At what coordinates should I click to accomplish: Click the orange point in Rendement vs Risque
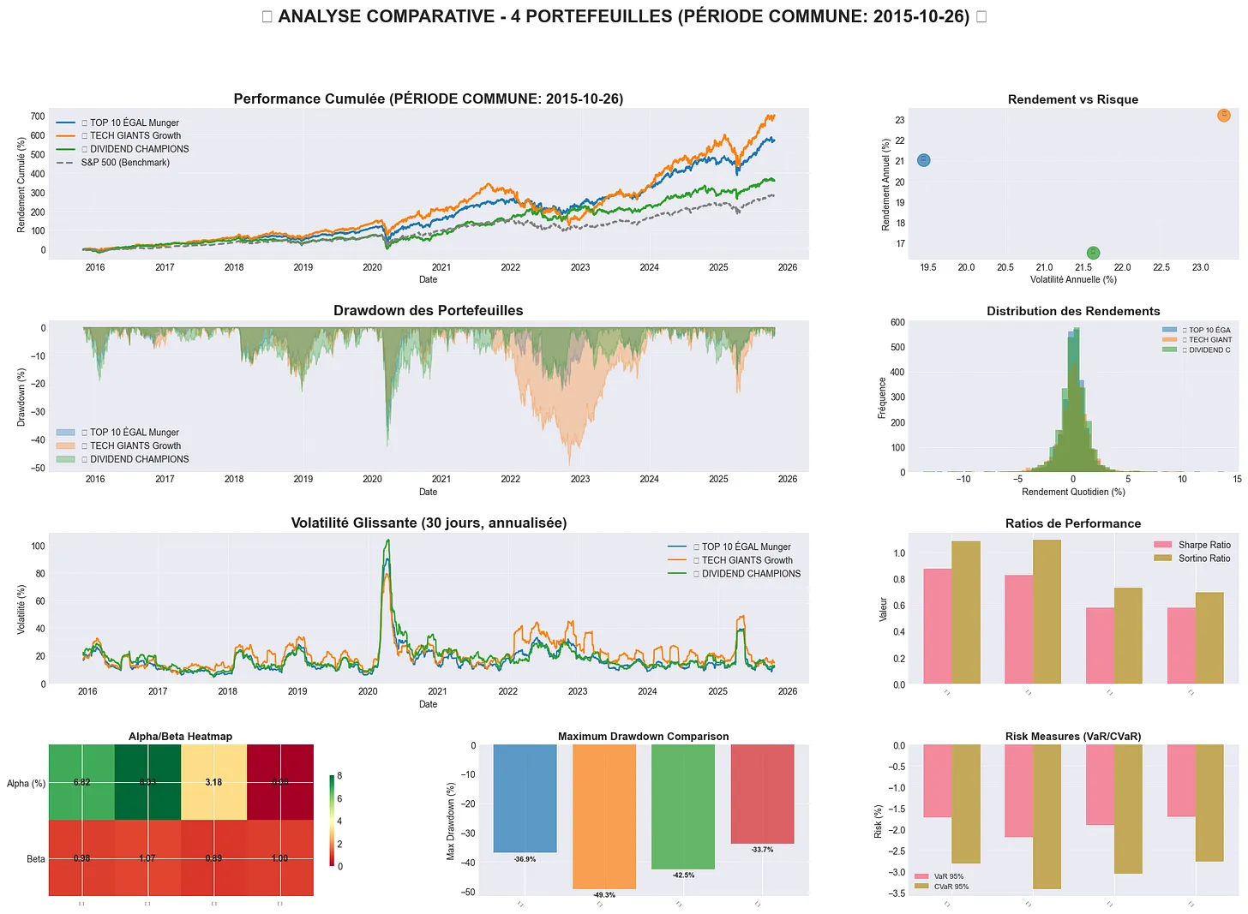point(1223,115)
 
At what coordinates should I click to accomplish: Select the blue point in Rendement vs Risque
point(923,160)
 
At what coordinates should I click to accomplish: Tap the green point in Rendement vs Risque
point(1093,253)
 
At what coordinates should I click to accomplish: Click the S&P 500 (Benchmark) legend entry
point(124,163)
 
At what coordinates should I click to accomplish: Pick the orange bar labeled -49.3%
point(604,816)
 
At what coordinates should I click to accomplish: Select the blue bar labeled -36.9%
point(525,798)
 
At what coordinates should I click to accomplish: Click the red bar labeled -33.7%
point(762,794)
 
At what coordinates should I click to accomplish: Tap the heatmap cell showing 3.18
point(213,782)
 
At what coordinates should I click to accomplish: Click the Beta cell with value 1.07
point(147,858)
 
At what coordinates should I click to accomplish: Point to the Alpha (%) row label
point(26,784)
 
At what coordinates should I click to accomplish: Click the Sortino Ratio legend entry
point(1203,559)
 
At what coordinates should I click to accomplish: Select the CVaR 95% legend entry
point(951,887)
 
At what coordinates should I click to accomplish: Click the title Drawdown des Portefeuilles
point(428,311)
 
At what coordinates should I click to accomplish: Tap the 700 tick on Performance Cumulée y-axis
point(38,116)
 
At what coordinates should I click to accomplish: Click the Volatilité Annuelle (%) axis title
point(1073,279)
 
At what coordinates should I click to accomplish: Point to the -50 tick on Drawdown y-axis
point(38,469)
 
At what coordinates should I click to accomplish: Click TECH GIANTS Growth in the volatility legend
point(747,560)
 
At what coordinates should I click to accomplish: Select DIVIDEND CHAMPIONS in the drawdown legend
point(139,459)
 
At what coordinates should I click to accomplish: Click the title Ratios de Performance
point(1073,523)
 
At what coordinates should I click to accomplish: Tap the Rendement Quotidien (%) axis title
point(1073,492)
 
